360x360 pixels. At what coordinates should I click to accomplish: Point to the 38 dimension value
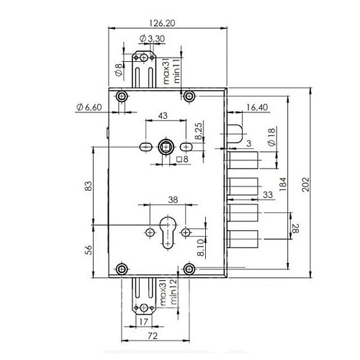point(173,202)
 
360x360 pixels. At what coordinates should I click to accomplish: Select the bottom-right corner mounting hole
point(190,269)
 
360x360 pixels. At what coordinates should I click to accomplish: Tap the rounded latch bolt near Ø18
point(237,133)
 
